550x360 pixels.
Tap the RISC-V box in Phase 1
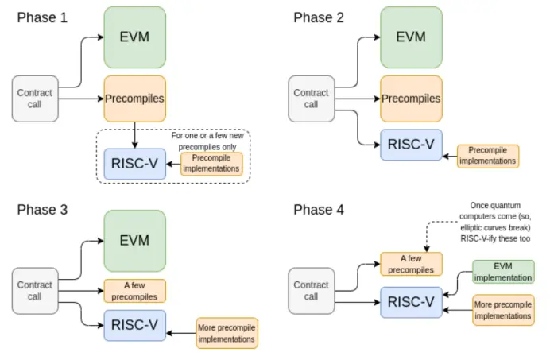coord(135,164)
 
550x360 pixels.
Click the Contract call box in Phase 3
coord(34,290)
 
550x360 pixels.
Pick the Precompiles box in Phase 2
coord(411,99)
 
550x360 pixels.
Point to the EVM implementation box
coord(503,272)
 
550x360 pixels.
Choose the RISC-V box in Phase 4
coord(411,302)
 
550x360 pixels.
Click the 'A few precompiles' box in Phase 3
coord(135,291)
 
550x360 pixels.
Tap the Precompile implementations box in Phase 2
coord(488,156)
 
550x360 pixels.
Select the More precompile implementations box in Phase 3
coord(227,332)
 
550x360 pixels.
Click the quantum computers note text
coord(494,222)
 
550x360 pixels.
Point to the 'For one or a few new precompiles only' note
coord(204,141)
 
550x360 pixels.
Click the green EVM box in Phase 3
coord(135,239)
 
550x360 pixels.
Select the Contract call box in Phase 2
coord(311,99)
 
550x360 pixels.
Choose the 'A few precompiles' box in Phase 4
coord(411,263)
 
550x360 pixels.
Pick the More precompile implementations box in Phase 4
coord(503,310)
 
